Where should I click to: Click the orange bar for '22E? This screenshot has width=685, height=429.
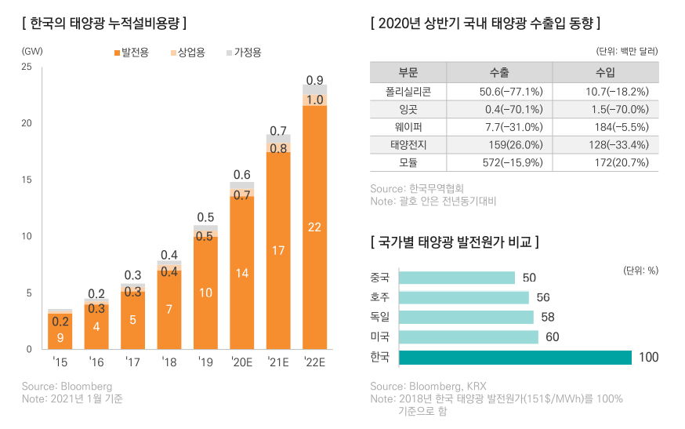click(x=314, y=227)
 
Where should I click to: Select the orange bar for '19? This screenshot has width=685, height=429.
click(x=205, y=292)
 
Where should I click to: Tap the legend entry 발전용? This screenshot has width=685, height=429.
click(x=135, y=53)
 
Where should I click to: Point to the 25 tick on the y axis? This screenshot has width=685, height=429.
click(x=27, y=67)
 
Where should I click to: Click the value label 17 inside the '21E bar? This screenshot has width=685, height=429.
click(x=278, y=251)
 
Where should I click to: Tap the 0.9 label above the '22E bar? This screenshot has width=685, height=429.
click(x=314, y=80)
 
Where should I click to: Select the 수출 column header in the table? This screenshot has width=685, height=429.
click(x=498, y=73)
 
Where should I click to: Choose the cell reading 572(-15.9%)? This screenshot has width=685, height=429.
click(x=498, y=162)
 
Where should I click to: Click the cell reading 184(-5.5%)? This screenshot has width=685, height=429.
click(x=604, y=127)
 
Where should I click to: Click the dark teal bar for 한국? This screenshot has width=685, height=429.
click(x=515, y=358)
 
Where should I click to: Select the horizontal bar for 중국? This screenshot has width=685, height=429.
click(x=457, y=278)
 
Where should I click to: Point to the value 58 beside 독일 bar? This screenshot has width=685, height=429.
click(x=548, y=318)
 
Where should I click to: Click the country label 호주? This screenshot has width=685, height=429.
click(x=380, y=297)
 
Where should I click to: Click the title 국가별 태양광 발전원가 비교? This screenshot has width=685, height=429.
click(x=455, y=241)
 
